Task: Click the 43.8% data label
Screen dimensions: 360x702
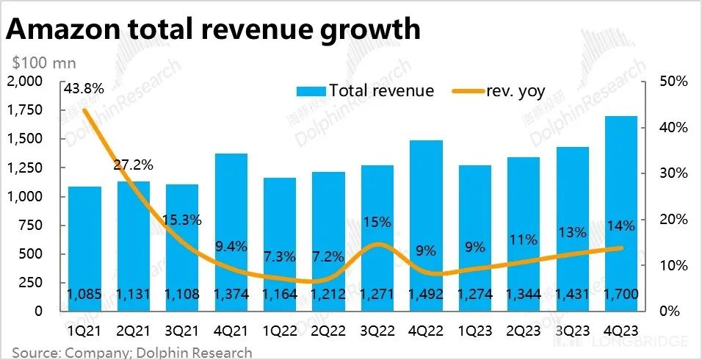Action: click(x=84, y=87)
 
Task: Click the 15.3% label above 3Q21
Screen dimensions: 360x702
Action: click(x=182, y=220)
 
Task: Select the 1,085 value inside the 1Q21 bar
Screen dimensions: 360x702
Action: click(x=84, y=295)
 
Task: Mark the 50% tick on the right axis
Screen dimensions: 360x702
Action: click(x=673, y=82)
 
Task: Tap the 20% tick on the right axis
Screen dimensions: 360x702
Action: click(x=673, y=220)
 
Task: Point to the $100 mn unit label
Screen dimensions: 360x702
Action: click(x=44, y=64)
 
